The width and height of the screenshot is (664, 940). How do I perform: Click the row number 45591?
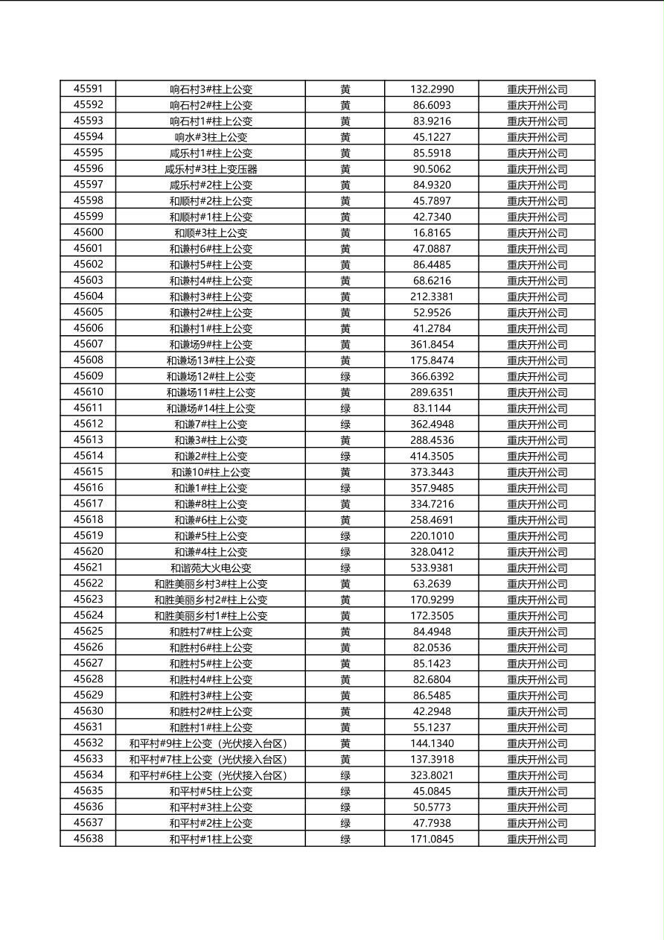[x=88, y=89]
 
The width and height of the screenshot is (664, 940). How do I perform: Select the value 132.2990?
[x=432, y=89]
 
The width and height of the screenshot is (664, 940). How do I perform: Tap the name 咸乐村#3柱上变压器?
[x=211, y=169]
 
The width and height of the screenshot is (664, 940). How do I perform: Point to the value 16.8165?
[x=432, y=233]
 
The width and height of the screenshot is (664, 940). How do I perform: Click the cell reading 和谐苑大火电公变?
[x=211, y=568]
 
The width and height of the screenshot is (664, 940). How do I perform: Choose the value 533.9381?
[x=432, y=568]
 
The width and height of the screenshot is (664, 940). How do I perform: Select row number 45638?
[x=88, y=839]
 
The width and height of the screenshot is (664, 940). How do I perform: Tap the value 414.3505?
[x=432, y=457]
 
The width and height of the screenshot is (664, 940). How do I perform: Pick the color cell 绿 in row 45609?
[x=345, y=377]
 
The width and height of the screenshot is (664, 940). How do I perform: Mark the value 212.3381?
[x=432, y=296]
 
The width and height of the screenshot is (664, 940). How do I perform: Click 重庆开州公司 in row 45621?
[x=537, y=568]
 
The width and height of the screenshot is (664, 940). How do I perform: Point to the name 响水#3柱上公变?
[x=211, y=137]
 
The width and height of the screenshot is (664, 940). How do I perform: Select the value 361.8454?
[x=432, y=345]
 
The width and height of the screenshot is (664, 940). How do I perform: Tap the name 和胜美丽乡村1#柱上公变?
[x=211, y=616]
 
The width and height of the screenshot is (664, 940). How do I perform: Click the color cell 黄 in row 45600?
[x=345, y=233]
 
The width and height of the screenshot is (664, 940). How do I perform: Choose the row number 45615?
[x=88, y=472]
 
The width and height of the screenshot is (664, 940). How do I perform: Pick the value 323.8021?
[x=432, y=775]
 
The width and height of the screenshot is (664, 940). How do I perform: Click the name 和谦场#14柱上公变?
[x=211, y=409]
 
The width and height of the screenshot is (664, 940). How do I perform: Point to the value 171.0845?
[x=432, y=839]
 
